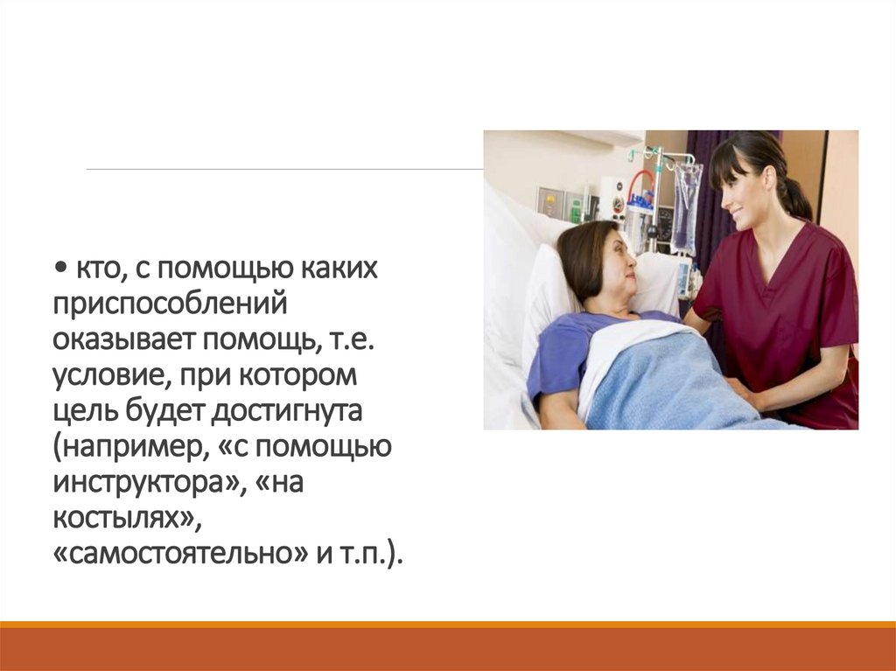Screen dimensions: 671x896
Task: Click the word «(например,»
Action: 118,447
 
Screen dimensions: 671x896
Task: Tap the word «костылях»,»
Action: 126,519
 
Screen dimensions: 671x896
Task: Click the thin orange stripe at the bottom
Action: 448,624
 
